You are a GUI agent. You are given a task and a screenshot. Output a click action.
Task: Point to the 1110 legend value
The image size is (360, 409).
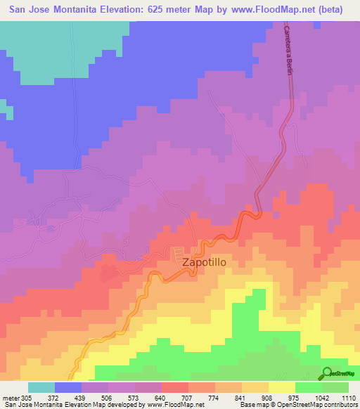click(349, 397)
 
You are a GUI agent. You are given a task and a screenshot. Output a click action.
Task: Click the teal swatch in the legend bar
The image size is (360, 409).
click(41, 387)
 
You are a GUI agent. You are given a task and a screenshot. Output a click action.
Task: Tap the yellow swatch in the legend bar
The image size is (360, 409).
click(282, 387)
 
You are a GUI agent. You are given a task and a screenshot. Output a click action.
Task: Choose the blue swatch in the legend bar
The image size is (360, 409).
click(68, 387)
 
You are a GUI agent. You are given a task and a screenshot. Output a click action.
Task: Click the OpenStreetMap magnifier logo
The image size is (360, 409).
click(327, 373)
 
